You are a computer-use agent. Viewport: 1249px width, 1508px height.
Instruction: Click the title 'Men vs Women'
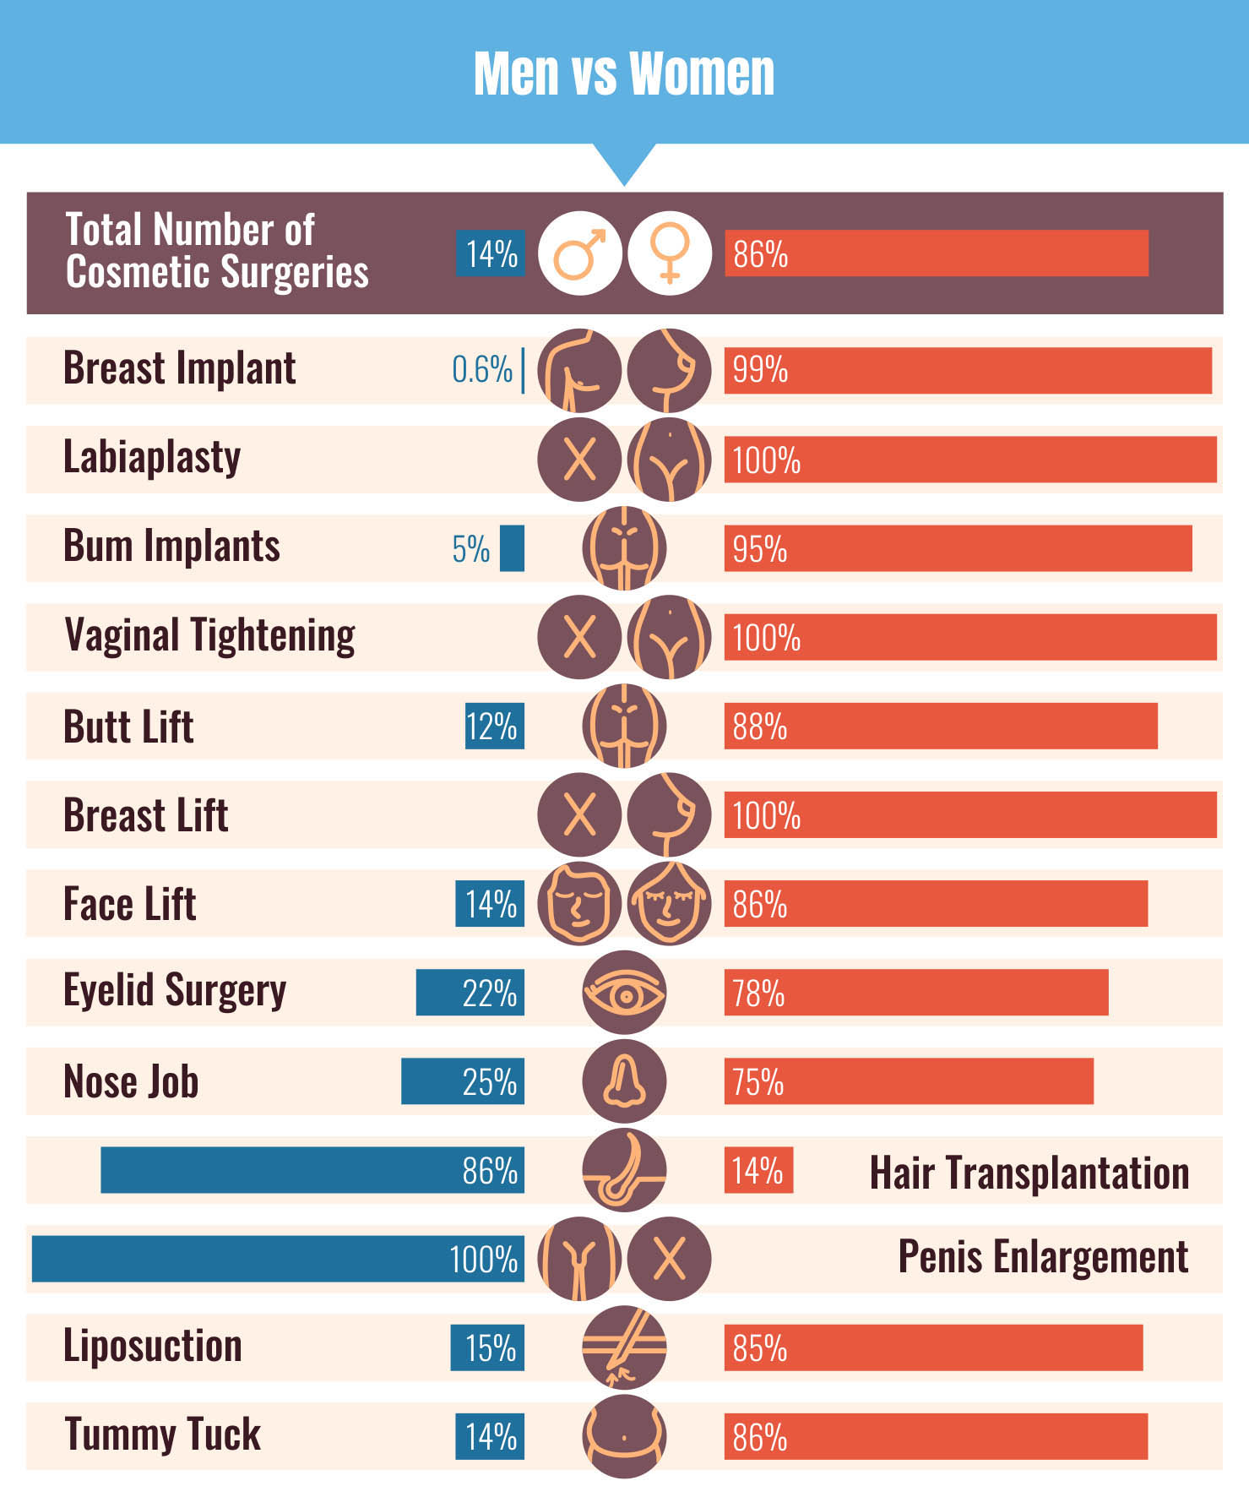click(x=623, y=73)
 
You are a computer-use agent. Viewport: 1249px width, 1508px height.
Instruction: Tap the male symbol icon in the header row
click(x=579, y=253)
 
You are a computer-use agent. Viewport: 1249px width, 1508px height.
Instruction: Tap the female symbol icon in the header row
click(x=670, y=253)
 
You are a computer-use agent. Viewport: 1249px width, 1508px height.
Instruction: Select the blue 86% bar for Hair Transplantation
click(x=312, y=1170)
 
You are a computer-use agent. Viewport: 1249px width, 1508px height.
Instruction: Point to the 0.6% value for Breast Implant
click(x=482, y=370)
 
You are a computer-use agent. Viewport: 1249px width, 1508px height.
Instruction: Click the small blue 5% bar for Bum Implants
click(x=512, y=548)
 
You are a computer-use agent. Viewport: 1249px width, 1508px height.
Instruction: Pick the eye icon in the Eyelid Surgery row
click(x=624, y=993)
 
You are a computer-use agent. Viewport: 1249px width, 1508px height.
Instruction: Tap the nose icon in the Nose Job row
click(x=624, y=1081)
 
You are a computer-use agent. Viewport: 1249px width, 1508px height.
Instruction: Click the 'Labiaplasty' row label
click(x=152, y=458)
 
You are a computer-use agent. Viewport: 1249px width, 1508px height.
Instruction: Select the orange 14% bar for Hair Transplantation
click(x=758, y=1170)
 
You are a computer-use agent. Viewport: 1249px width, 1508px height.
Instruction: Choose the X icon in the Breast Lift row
click(x=579, y=814)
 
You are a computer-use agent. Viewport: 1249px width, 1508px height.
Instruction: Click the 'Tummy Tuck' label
click(x=162, y=1435)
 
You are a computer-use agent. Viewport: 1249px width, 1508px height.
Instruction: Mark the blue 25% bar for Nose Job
click(x=462, y=1081)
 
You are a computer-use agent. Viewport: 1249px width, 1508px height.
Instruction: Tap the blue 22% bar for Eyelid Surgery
click(x=470, y=993)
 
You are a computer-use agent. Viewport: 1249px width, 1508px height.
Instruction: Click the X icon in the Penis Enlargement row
click(x=670, y=1259)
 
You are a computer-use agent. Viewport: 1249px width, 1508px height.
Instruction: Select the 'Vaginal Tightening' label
click(x=209, y=636)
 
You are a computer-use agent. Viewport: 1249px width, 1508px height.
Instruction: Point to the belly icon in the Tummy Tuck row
click(x=624, y=1436)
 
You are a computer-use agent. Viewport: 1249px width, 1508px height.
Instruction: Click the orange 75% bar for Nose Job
click(x=909, y=1081)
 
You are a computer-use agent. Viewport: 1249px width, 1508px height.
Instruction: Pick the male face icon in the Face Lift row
click(x=579, y=903)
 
